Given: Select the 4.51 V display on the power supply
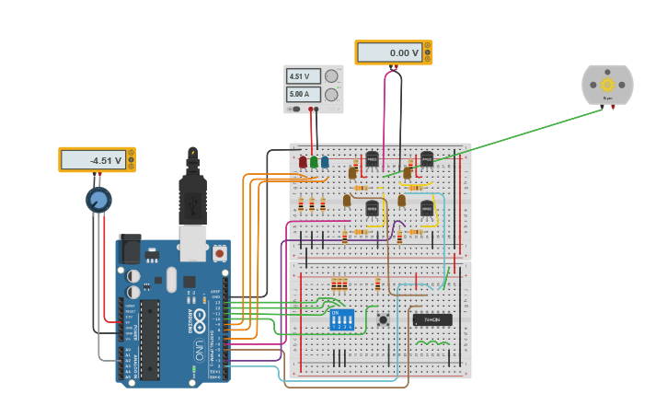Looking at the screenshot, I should point(305,76).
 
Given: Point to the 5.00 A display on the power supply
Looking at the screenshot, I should point(305,94).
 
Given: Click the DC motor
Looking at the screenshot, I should point(607,85).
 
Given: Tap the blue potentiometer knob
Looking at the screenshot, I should point(98,199).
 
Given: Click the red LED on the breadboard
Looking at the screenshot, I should point(303,162).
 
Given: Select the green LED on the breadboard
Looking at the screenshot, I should point(314,162).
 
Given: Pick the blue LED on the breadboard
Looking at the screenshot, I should point(325,162).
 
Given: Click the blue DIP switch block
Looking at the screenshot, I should point(342,319).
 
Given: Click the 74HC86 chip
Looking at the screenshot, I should point(432,320).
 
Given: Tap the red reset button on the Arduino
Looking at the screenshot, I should point(219,252).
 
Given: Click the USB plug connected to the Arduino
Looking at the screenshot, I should point(192,198).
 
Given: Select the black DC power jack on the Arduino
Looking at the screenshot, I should point(131,249).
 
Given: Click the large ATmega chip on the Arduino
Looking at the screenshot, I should point(149,339).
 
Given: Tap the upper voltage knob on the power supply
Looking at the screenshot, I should point(331,76).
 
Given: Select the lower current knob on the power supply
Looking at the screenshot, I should point(331,94).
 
